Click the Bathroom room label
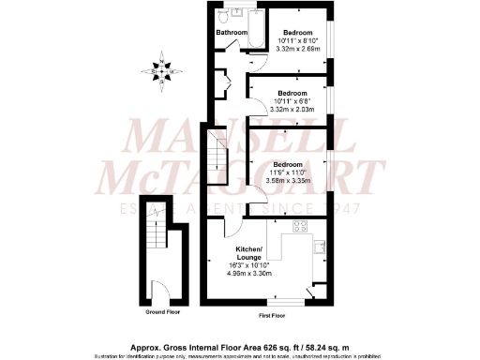tap(231, 33)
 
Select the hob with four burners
tap(302, 225)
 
